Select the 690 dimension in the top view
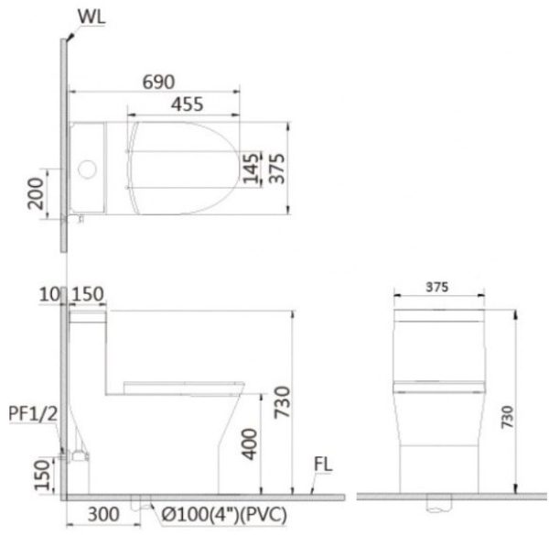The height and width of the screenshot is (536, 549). (x=157, y=82)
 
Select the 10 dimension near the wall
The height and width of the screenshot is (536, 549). (x=48, y=295)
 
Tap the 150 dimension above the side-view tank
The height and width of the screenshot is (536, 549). (x=87, y=295)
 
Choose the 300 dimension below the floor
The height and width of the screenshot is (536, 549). (x=102, y=514)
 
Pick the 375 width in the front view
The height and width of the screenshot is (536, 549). (x=437, y=287)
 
